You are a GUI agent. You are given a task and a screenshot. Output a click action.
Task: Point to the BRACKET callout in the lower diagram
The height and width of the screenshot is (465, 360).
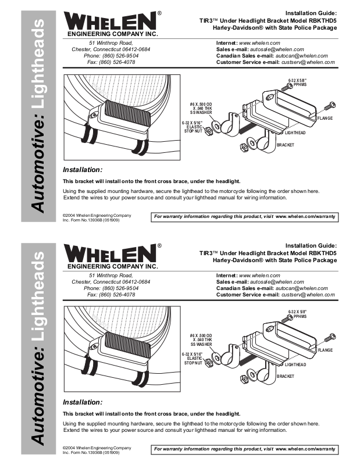point(286,376)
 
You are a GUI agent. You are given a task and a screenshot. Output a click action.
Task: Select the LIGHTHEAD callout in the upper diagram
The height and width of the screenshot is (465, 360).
point(295,133)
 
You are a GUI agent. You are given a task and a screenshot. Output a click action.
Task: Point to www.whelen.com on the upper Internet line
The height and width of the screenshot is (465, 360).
point(260,43)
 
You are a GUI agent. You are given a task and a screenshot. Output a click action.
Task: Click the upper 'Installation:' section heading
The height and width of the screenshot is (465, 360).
point(83,170)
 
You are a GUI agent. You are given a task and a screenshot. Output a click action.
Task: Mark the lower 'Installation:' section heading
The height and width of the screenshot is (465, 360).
point(83,402)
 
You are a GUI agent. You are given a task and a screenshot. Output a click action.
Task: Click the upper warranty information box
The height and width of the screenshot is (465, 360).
point(244,216)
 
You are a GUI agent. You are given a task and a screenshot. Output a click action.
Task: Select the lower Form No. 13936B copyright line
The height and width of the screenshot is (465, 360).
point(91,452)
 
